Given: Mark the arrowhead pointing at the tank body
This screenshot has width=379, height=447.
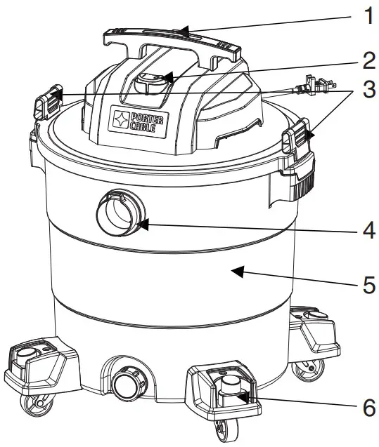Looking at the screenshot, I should [237, 271].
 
